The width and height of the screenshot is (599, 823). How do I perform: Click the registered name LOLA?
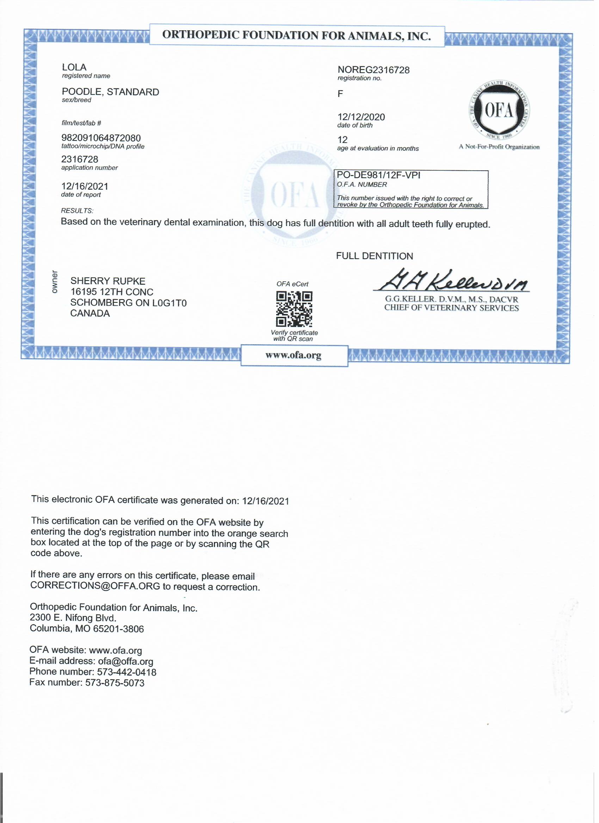(74, 68)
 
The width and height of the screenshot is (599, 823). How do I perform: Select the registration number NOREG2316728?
(373, 70)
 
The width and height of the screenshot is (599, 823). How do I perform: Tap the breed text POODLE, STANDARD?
(110, 92)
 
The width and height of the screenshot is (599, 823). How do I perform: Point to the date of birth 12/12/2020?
(361, 117)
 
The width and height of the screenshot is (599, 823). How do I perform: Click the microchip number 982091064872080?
(101, 138)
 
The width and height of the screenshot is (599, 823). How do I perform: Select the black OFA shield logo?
(499, 110)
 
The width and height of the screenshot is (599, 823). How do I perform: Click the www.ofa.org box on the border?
(294, 356)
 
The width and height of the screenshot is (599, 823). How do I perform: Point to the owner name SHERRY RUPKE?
(108, 281)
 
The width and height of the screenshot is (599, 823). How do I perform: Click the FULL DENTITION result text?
(375, 257)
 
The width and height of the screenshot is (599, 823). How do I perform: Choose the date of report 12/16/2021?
(85, 187)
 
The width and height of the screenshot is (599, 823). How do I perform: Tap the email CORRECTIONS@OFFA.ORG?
(95, 587)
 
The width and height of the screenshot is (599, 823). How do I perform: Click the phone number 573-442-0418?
(126, 672)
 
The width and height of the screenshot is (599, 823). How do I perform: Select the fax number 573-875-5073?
(115, 683)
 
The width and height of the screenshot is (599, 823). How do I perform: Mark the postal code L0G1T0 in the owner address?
(169, 303)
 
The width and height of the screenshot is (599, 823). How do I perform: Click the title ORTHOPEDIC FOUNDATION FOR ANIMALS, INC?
(296, 36)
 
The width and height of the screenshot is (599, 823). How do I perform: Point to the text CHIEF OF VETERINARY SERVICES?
(451, 308)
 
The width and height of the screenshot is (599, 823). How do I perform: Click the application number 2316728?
(80, 160)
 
